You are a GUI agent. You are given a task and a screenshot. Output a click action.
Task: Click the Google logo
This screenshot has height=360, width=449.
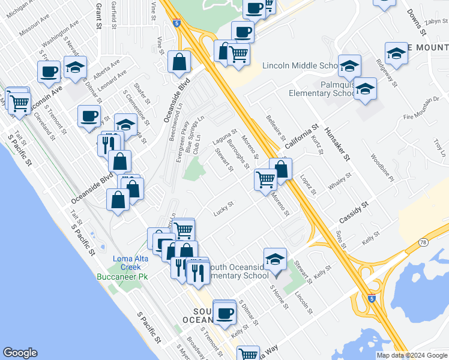point(20,353)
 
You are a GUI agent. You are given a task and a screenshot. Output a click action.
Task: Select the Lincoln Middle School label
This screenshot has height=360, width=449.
point(301,65)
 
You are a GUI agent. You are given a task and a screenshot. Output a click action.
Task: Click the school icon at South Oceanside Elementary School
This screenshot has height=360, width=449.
point(275,260)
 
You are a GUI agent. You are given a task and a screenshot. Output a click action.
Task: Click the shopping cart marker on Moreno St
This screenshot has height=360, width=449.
point(265,179)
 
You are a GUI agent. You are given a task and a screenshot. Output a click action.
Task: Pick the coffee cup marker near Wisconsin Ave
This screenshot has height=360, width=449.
point(49,72)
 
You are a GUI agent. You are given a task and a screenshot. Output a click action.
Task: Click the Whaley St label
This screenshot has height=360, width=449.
point(339,182)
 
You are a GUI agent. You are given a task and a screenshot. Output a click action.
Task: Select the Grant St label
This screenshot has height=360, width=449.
point(98,11)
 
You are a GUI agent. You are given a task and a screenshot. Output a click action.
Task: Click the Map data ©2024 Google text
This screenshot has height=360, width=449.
point(411,355)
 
